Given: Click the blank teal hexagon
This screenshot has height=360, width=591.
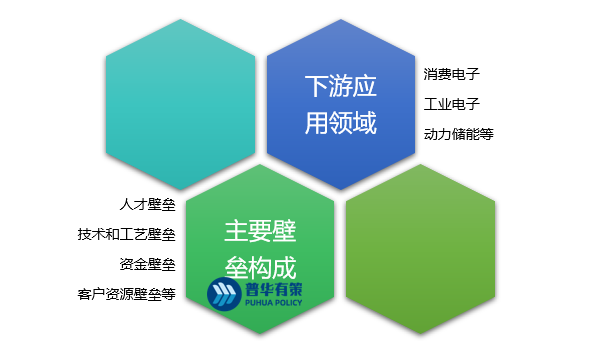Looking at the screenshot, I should click(180, 104).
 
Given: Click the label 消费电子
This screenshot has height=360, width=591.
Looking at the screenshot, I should click(452, 74).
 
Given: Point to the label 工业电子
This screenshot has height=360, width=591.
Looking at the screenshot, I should click(452, 103).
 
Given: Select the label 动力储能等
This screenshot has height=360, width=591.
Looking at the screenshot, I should click(458, 133).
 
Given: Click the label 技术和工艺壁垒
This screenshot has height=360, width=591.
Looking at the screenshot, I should click(126, 235).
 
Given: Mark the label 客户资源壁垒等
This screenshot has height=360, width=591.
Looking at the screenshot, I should click(126, 294).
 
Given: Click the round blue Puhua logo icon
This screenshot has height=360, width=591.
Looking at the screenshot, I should click(221, 292).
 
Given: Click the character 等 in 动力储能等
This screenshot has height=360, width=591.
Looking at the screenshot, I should click(487, 133).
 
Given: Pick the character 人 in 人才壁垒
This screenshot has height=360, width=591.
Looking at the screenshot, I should click(125, 205).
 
